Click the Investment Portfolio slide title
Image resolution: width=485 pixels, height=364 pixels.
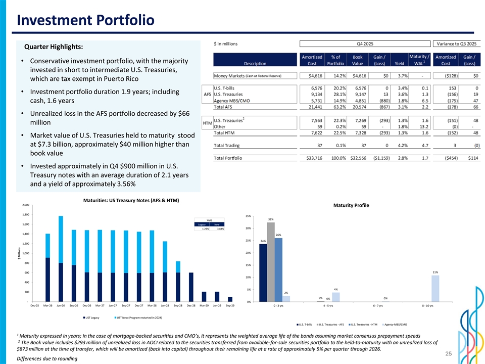(x=85, y=21)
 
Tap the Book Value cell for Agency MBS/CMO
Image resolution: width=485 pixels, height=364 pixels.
(x=362, y=100)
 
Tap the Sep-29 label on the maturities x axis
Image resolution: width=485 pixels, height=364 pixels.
(x=230, y=306)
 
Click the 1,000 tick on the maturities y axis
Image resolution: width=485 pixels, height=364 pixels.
(x=25, y=253)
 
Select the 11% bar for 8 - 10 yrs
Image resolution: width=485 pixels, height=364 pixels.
(x=435, y=288)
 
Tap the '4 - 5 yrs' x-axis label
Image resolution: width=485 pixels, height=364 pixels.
(x=331, y=306)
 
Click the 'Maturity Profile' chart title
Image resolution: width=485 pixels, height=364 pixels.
(x=351, y=206)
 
